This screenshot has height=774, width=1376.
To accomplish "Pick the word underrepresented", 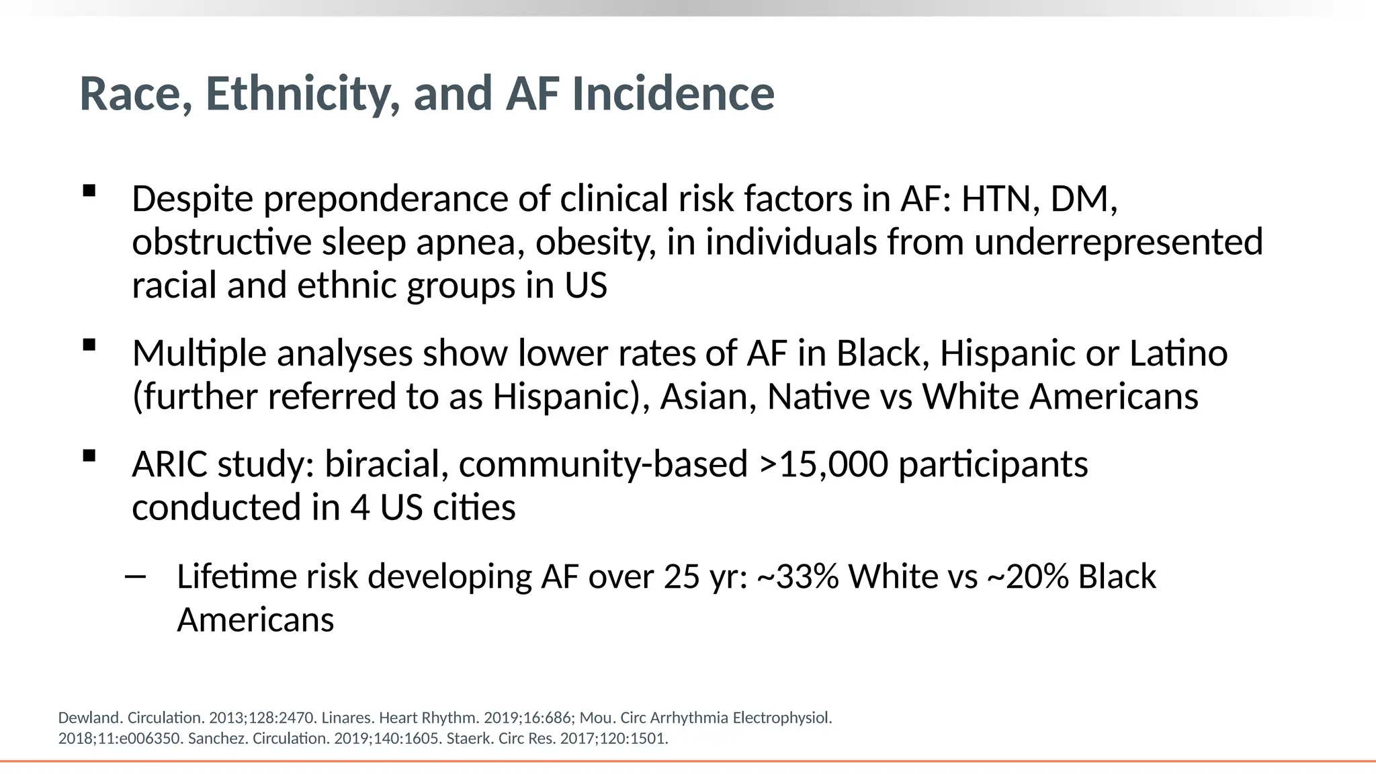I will [1118, 243].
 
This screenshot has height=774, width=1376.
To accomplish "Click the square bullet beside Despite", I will [89, 191].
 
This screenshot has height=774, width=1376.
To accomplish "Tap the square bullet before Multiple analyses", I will [89, 345].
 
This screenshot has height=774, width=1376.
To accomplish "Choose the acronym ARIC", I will [169, 464].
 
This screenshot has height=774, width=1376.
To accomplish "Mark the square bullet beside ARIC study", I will [89, 456].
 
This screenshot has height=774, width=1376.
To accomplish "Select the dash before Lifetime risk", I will [136, 576].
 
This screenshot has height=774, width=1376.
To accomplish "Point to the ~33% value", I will [798, 576].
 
